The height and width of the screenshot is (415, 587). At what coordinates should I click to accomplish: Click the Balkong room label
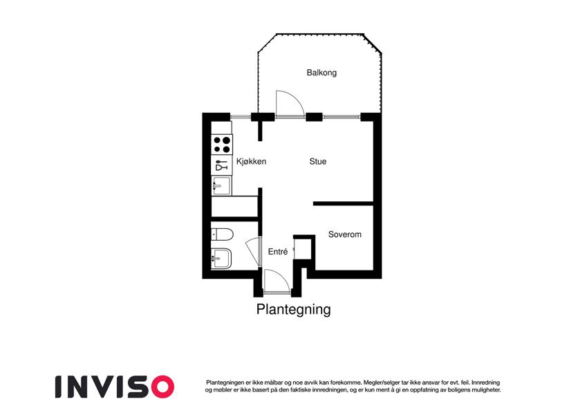click(x=322, y=73)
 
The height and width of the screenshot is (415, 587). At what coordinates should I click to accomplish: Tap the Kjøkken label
click(x=251, y=161)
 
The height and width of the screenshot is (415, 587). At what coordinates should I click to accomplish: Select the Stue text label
click(x=318, y=161)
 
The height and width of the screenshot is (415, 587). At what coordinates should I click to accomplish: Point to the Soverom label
click(x=345, y=234)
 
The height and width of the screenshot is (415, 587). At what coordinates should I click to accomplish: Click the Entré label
click(x=278, y=252)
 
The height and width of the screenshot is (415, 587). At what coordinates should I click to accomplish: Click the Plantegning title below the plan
click(x=293, y=309)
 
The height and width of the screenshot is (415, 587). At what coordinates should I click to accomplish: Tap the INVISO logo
click(x=115, y=387)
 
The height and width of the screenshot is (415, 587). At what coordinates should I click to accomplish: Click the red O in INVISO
click(x=162, y=387)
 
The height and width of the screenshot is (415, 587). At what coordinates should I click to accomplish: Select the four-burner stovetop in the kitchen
click(x=222, y=145)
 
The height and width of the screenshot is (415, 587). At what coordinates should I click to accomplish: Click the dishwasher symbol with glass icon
click(x=222, y=165)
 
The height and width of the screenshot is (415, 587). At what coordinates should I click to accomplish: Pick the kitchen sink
click(x=221, y=185)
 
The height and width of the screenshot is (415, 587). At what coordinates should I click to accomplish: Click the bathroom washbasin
click(x=221, y=259)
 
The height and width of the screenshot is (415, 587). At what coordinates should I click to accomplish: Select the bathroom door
click(x=254, y=251)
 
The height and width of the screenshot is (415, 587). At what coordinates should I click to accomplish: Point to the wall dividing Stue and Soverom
click(x=344, y=204)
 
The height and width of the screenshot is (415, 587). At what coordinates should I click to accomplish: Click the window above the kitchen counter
click(x=241, y=117)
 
